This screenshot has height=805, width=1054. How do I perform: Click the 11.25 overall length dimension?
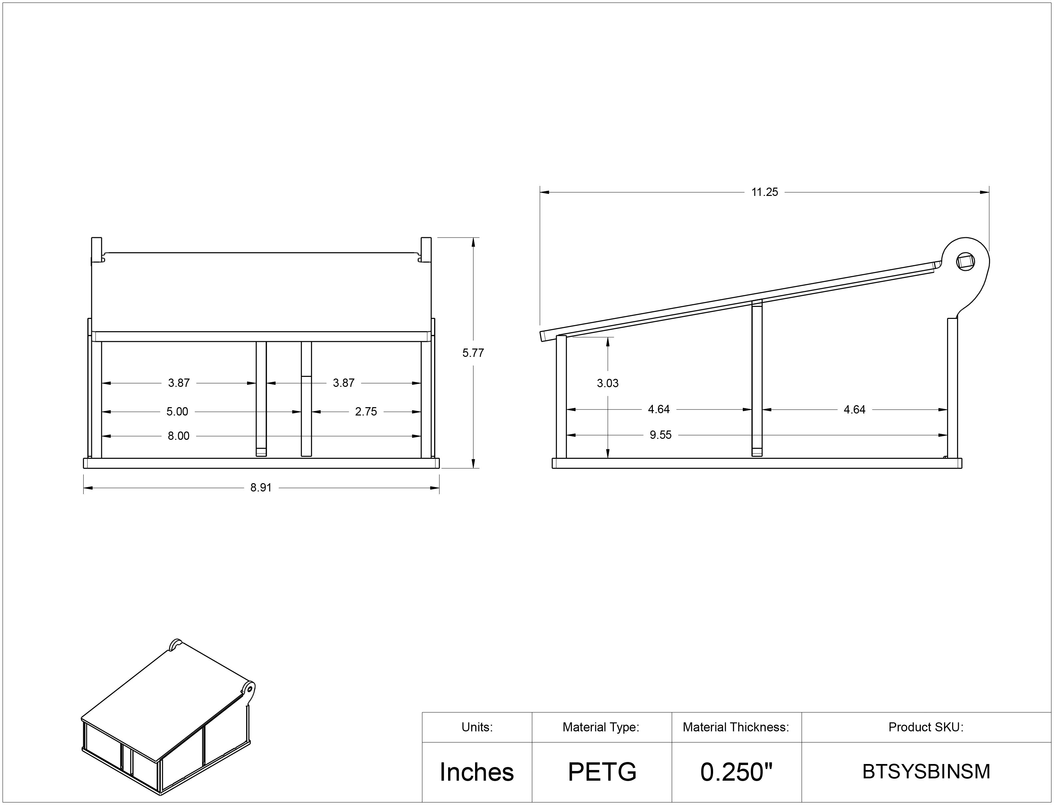764,192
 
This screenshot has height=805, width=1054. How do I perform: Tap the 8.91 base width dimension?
261,488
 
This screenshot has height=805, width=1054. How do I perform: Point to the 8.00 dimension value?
178,436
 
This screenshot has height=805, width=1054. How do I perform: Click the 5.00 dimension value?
177,411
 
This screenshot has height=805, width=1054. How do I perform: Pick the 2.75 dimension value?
366,411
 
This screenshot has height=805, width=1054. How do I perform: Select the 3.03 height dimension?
608,383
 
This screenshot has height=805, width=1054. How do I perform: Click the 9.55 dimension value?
660,435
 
